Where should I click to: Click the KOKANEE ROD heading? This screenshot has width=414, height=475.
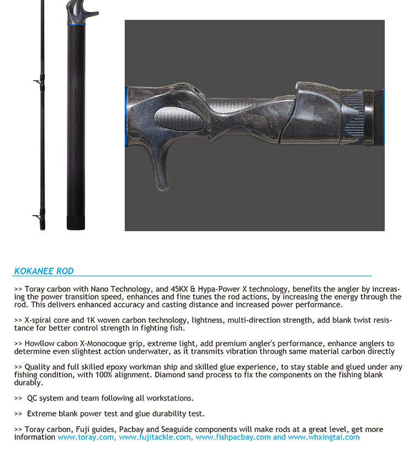click(44, 271)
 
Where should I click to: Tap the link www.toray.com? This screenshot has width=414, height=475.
click(86, 437)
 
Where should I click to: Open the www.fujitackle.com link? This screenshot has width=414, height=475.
click(156, 437)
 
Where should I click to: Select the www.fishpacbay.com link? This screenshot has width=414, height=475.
click(233, 437)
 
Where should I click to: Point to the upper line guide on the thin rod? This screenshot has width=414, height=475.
click(39, 82)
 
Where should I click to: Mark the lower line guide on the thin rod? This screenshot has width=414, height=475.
click(38, 216)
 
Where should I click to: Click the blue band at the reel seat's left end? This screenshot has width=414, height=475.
click(126, 116)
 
